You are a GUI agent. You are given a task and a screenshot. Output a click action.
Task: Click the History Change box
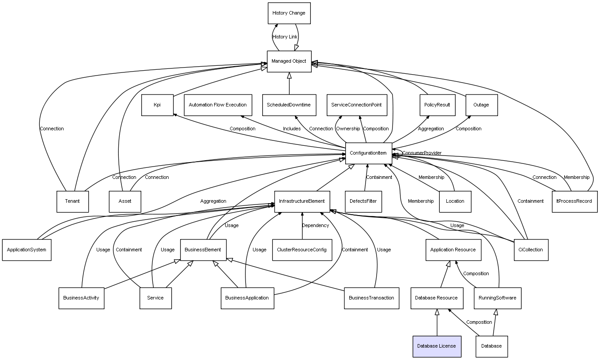pos(289,13)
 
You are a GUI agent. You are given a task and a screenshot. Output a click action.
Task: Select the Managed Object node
pos(289,61)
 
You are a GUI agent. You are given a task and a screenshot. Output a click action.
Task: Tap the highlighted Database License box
pos(437,346)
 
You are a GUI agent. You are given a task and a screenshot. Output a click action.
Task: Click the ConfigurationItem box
pos(369,153)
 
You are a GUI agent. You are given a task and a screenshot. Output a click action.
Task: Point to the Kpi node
pos(157,105)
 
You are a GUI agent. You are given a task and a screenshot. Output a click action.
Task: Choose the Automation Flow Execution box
pos(218,105)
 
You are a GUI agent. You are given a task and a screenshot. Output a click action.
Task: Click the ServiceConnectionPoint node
pos(357,105)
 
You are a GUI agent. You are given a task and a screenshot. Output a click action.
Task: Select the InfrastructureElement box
pos(302,201)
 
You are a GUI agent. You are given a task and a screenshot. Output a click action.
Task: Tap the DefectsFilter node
pos(363,201)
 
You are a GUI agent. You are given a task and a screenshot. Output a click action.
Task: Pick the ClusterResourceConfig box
pos(302,250)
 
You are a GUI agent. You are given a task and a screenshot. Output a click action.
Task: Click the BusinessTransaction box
pos(371,298)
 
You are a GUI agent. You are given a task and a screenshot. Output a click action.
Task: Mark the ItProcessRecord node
pos(574,201)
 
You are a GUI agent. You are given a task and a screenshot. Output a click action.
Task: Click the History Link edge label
pos(285,37)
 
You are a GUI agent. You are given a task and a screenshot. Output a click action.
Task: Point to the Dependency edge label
pos(316,225)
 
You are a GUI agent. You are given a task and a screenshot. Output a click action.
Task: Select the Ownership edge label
pos(348,129)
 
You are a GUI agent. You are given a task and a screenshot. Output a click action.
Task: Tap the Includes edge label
pos(292,129)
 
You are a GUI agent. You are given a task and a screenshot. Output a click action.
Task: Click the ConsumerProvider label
pos(422,153)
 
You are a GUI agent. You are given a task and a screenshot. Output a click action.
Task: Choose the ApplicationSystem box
pos(27,250)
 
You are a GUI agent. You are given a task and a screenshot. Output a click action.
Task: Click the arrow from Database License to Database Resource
pos(437,322)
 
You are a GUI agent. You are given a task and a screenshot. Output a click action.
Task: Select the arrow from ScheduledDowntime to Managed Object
pos(289,83)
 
